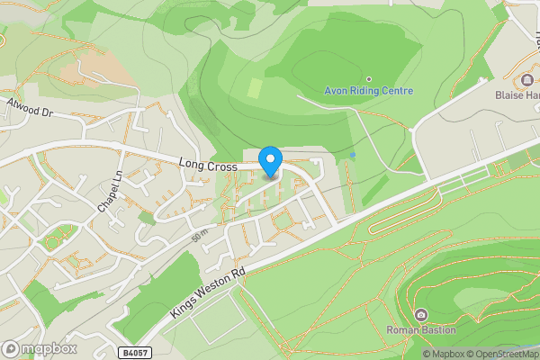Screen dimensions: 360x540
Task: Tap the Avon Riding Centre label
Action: [x=368, y=91]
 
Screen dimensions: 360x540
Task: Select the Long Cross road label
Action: [x=207, y=166]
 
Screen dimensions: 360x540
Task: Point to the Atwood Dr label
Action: [x=30, y=109]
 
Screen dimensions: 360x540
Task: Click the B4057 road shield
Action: [x=132, y=352]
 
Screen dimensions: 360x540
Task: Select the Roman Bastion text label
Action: [x=420, y=329]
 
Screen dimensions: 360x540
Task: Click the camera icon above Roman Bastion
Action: [x=420, y=314]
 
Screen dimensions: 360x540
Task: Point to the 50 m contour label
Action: [x=200, y=238]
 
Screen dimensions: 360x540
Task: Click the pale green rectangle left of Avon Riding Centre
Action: [x=255, y=88]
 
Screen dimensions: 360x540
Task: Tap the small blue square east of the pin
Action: [x=353, y=156]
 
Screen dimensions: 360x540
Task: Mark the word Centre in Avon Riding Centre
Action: [x=395, y=91]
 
